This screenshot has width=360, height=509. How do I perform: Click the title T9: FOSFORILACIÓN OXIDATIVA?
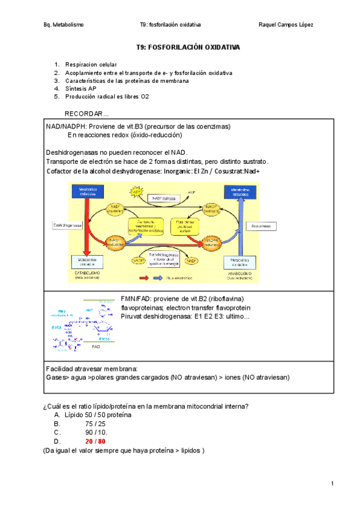tap(187, 46)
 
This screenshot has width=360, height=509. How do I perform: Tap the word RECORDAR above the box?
tap(86, 113)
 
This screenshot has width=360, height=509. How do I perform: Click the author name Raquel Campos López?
tap(285, 25)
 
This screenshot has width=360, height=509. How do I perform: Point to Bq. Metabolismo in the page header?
tap(64, 25)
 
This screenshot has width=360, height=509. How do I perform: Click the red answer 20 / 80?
tap(95, 441)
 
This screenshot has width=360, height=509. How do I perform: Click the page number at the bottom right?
tap(332, 484)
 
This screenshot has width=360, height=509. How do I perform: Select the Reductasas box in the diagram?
tap(261, 226)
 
